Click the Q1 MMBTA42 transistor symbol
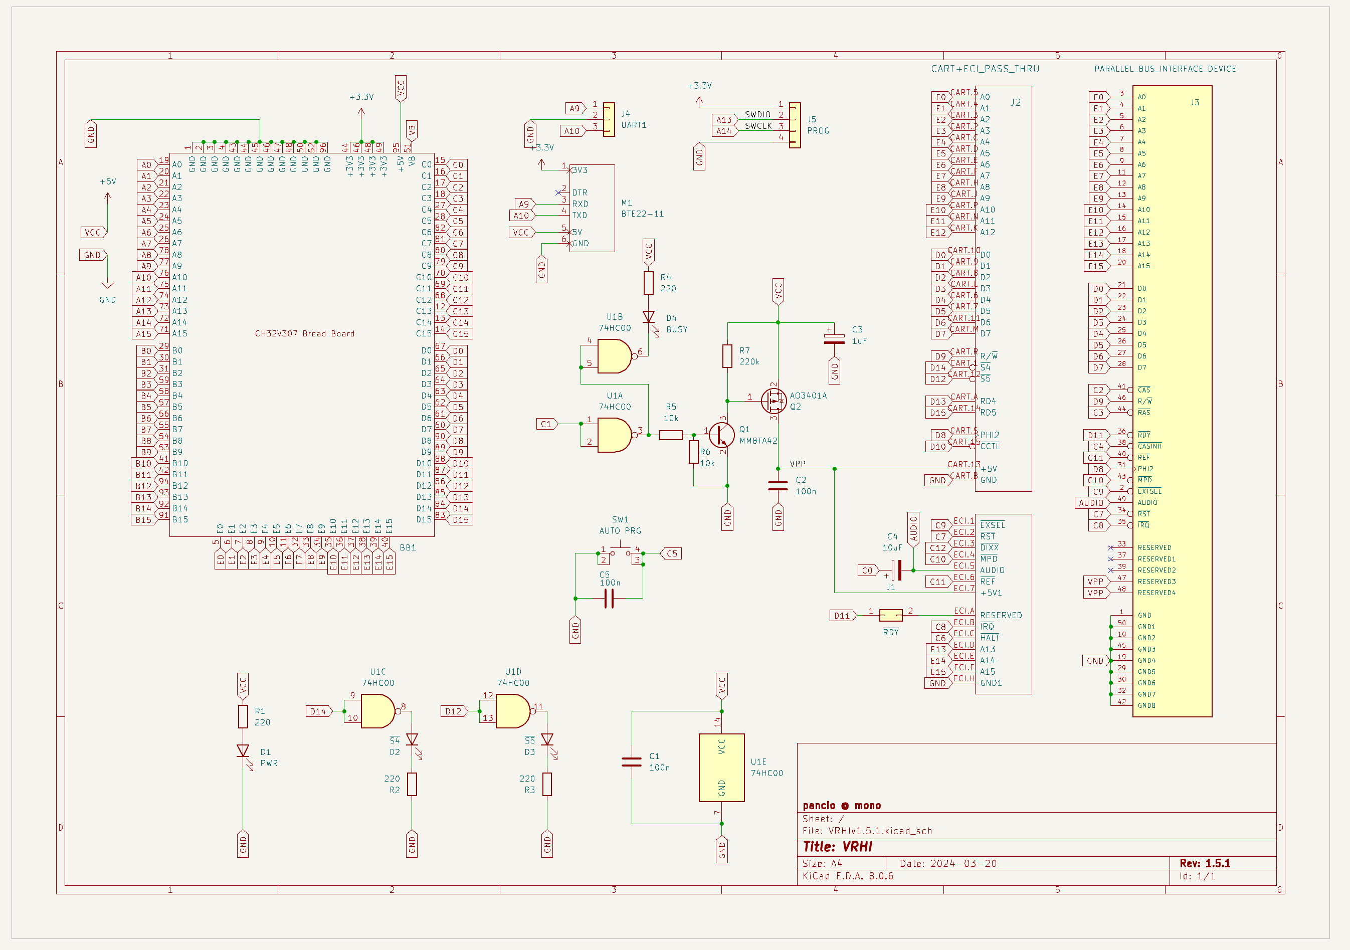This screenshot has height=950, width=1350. click(x=721, y=435)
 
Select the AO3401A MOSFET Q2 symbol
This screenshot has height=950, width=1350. click(x=774, y=401)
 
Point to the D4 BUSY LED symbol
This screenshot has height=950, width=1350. click(x=649, y=317)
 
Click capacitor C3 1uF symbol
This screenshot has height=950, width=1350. click(x=834, y=339)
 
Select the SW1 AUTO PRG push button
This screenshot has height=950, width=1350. click(x=620, y=552)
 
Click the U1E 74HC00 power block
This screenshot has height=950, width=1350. click(x=721, y=767)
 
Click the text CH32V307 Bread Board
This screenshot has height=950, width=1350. click(x=305, y=334)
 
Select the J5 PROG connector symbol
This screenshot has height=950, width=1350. click(x=795, y=125)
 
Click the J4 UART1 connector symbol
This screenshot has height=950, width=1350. click(x=609, y=119)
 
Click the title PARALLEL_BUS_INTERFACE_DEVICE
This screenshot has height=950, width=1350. click(x=1165, y=69)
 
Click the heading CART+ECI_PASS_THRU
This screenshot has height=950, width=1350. click(x=985, y=69)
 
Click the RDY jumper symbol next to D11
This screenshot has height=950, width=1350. click(x=891, y=616)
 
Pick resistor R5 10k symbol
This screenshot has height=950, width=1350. click(x=671, y=435)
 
